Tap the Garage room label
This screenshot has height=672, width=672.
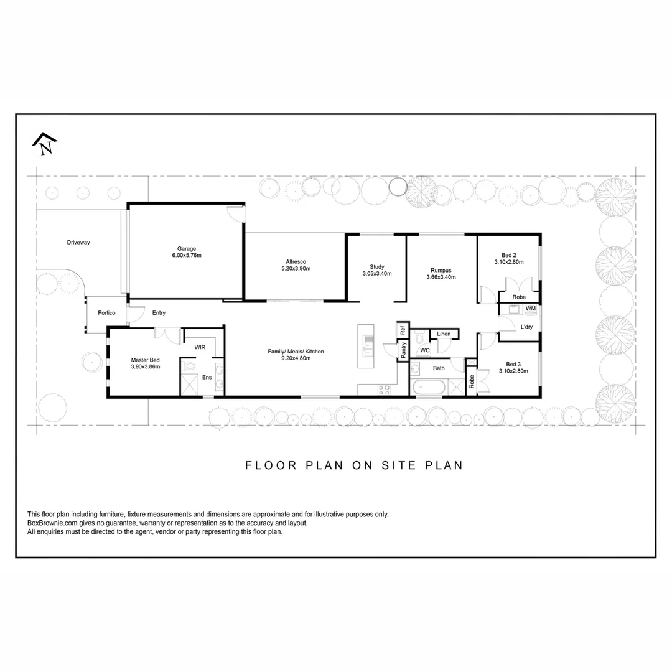pos(187,248)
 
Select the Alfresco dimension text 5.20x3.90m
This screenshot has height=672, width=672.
pos(296,269)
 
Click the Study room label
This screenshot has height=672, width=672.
pos(377,267)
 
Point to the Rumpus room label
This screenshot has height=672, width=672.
pos(441,270)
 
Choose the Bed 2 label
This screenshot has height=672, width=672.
pos(509,254)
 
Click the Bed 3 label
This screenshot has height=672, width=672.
pos(513,364)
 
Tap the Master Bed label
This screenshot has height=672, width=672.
pos(145,360)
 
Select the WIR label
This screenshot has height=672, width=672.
pos(200,347)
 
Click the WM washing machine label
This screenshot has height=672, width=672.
pos(531,309)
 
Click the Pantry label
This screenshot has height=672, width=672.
pos(403,350)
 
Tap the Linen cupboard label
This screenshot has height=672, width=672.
pos(444,334)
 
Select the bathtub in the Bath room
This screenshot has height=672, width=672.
pos(428,387)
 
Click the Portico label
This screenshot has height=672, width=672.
pos(106,312)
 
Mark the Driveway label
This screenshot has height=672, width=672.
pos(78,243)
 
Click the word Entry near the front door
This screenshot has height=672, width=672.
pos(159,312)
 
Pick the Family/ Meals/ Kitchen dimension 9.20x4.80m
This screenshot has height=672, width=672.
pos(296,358)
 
